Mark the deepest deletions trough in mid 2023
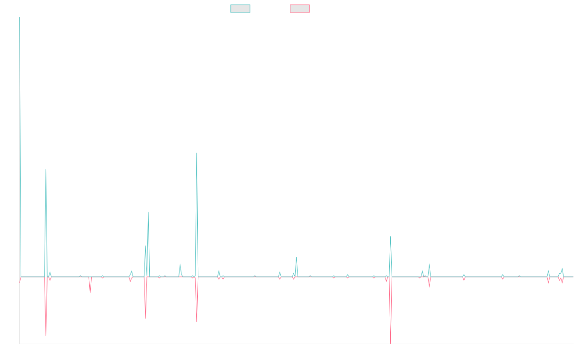tap(391, 343)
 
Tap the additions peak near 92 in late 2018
tap(46, 169)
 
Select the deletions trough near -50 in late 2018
tap(46, 335)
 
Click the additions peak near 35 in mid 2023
tap(391, 237)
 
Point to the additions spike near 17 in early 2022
tap(297, 257)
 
